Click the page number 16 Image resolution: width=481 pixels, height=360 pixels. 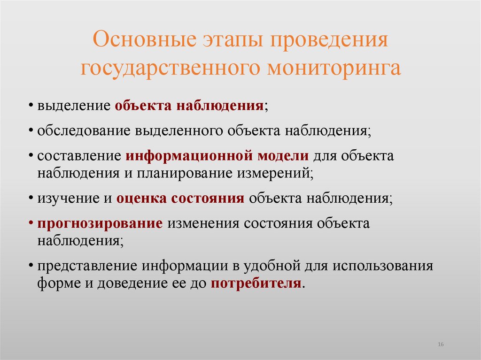click(x=441, y=345)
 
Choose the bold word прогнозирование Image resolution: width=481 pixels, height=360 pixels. click(x=100, y=223)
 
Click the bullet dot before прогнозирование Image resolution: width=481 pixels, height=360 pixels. click(x=31, y=224)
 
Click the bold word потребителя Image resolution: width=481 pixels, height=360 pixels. click(x=256, y=283)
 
